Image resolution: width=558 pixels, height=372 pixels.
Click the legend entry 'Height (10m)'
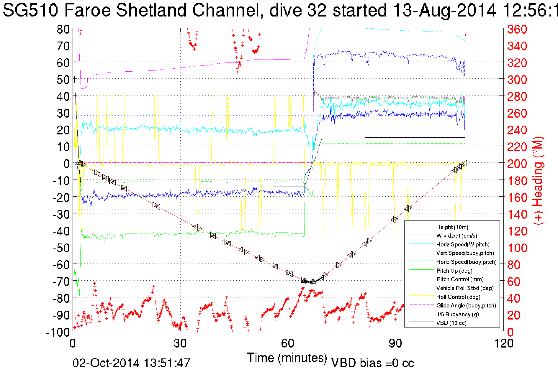(452, 227)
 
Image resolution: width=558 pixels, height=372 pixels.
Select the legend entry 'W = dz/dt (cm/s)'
(456, 236)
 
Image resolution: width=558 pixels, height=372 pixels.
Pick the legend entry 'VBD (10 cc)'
(451, 323)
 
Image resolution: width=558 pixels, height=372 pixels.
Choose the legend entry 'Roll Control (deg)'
(458, 297)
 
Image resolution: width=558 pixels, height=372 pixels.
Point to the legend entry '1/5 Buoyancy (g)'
(457, 314)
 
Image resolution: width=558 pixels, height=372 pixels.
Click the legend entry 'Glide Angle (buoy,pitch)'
(466, 305)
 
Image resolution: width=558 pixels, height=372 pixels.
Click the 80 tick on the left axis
(63, 29)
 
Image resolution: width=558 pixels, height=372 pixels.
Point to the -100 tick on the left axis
(58, 332)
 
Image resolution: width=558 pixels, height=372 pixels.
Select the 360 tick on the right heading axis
(517, 29)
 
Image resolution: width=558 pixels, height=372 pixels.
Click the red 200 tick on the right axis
(517, 164)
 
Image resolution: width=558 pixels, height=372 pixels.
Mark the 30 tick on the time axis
(180, 343)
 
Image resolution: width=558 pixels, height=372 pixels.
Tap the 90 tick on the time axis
(395, 343)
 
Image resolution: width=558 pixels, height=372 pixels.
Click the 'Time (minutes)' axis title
(287, 358)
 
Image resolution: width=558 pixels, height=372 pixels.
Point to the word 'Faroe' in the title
(88, 11)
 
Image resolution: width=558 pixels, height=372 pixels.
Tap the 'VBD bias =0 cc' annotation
(372, 363)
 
